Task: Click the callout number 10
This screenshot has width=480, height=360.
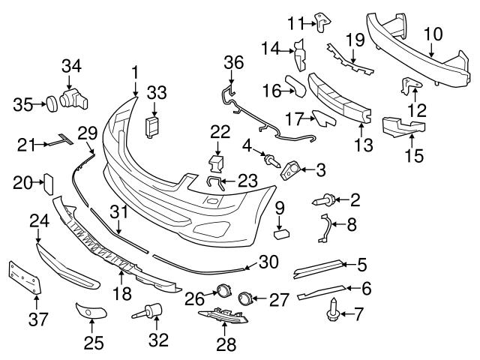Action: tap(433, 34)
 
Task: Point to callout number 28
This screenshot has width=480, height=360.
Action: tap(226, 344)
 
